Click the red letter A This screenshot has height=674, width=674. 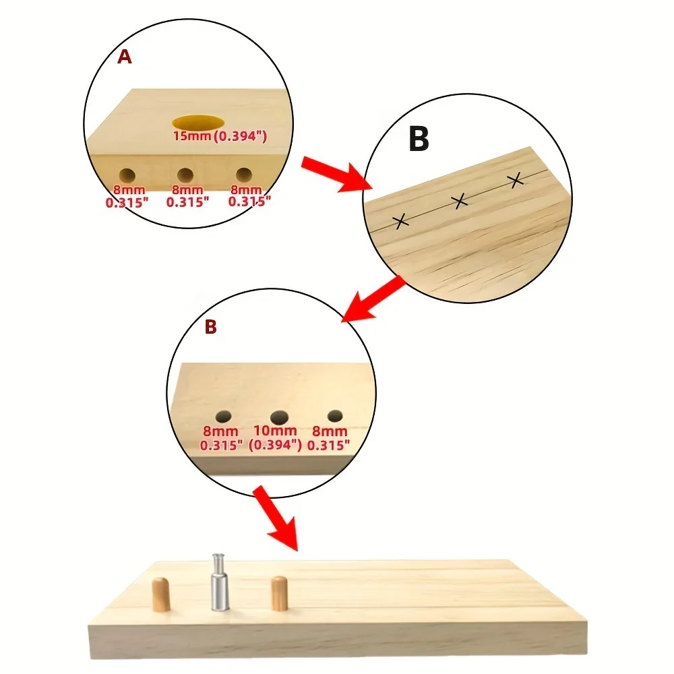pyautogui.click(x=125, y=57)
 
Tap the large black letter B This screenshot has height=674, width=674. pyautogui.click(x=419, y=140)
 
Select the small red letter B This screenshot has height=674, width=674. pyautogui.click(x=210, y=328)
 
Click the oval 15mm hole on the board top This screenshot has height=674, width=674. pyautogui.click(x=199, y=123)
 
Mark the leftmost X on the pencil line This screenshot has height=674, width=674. pyautogui.click(x=400, y=221)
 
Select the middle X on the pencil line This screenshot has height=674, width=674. pyautogui.click(x=460, y=200)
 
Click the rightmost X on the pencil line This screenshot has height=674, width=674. pyautogui.click(x=516, y=179)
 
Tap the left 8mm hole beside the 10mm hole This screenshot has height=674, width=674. pyautogui.click(x=223, y=416)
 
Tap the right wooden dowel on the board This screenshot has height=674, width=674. pyautogui.click(x=278, y=593)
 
